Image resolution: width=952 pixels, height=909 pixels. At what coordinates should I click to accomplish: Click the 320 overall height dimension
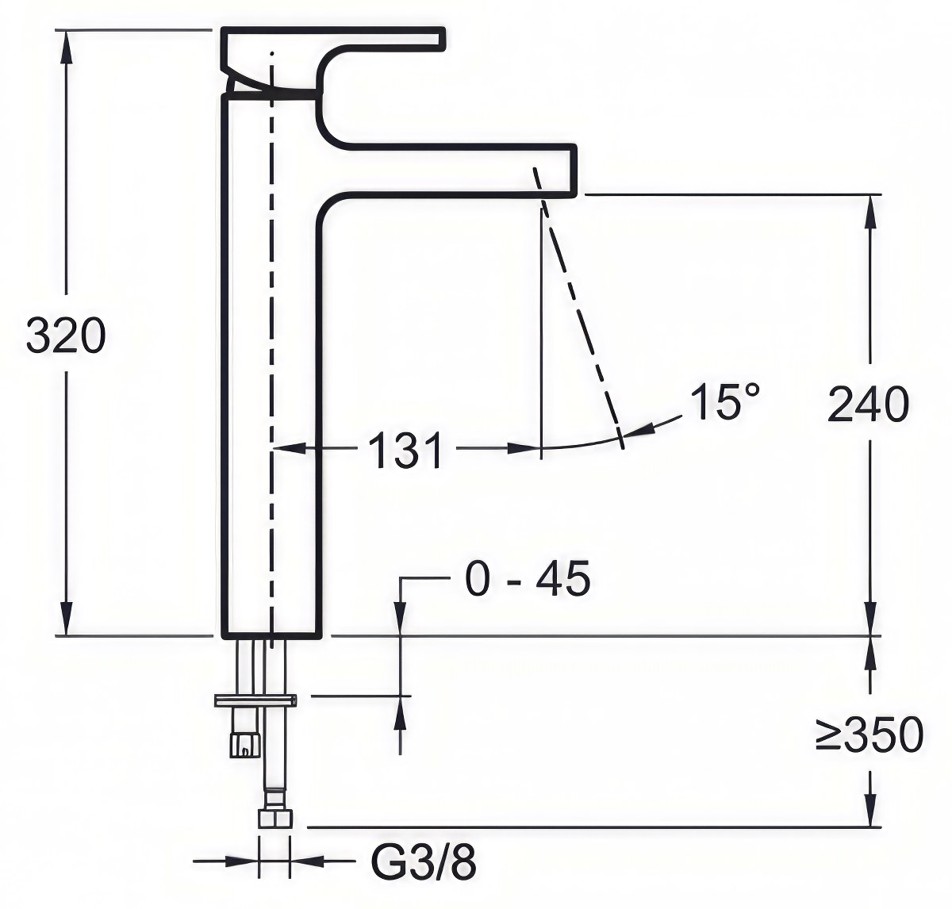(66, 336)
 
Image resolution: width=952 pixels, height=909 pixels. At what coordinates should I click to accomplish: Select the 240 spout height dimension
(869, 404)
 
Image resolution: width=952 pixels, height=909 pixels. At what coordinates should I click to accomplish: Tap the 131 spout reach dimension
(405, 450)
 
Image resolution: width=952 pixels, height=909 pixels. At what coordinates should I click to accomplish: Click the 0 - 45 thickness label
(528, 579)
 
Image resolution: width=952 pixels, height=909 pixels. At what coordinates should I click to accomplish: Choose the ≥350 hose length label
(869, 734)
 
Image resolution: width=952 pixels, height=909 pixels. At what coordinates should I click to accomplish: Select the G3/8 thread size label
(424, 863)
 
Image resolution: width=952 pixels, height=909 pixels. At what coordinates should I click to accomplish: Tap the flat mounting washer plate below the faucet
(255, 701)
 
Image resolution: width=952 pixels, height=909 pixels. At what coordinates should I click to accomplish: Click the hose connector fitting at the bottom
(274, 819)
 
